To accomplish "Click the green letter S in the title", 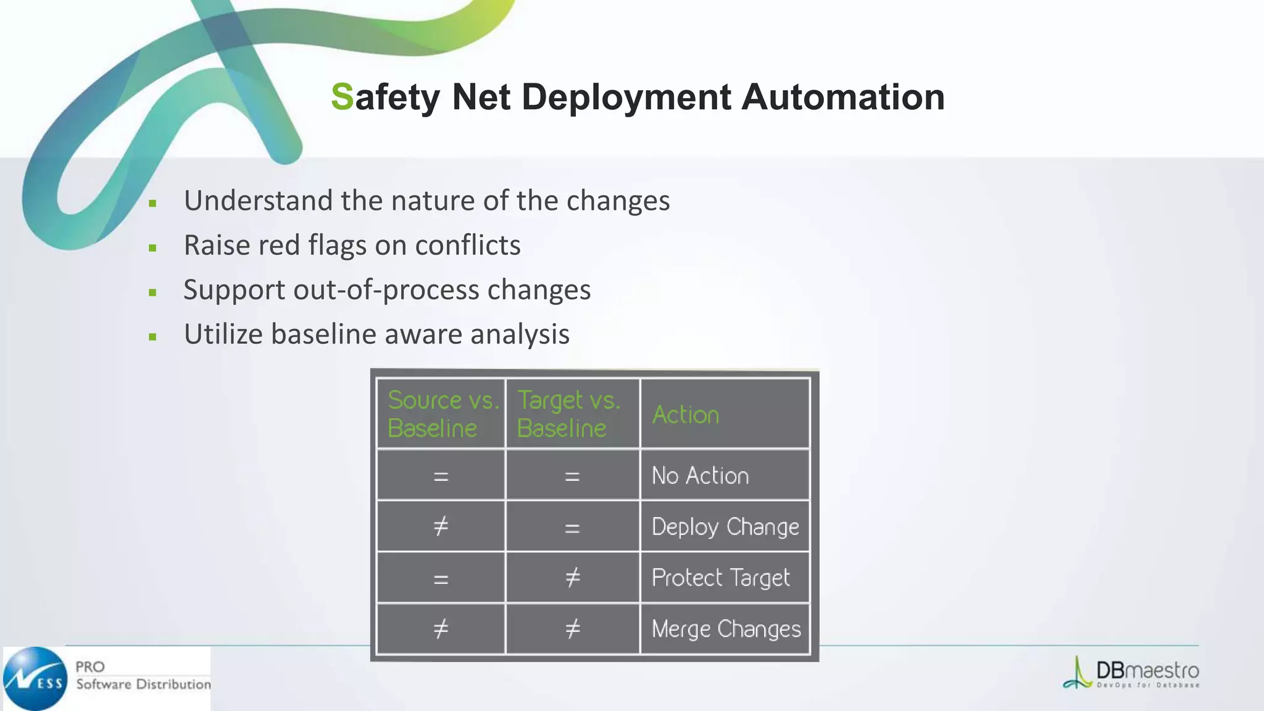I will coord(343,97).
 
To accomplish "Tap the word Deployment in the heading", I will coord(626,98).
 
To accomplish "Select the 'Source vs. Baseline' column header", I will coord(441,414).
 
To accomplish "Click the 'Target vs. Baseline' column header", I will coord(568,414).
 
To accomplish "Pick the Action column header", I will coord(686,415).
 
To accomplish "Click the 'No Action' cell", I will coord(700,476).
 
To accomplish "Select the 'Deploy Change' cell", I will coord(725,527).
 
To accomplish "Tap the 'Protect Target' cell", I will coord(720,578).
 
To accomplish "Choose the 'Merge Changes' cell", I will coord(726,629).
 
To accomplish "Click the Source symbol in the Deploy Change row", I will coord(441,526).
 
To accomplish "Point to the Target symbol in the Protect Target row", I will coord(573,578).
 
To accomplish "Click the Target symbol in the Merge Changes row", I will coord(573,629).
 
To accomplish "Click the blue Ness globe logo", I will coord(35,679).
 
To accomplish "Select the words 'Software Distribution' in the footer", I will coord(143,684).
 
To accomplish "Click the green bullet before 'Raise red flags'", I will coord(152,248).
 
